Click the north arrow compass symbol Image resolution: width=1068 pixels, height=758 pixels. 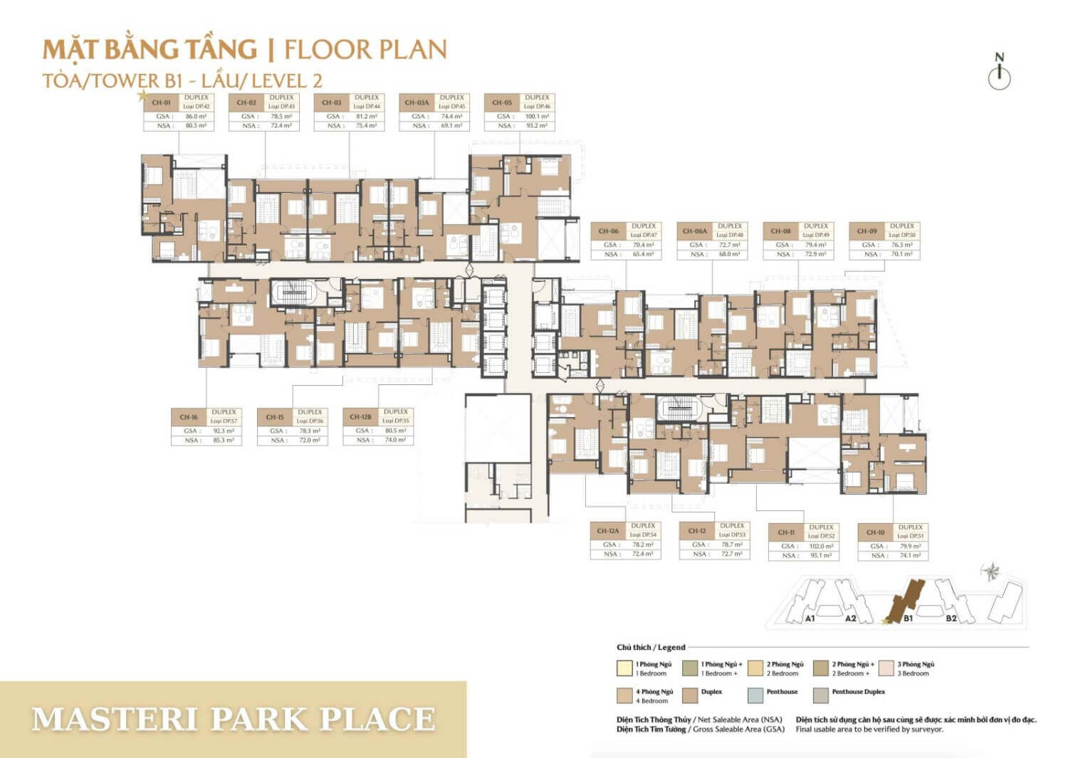(x=1000, y=73)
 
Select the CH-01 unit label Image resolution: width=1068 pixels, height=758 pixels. (x=161, y=102)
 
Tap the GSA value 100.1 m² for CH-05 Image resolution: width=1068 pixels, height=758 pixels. (x=537, y=116)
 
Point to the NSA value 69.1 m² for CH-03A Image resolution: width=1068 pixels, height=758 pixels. (x=451, y=126)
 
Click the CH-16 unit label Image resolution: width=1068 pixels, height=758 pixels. (x=189, y=417)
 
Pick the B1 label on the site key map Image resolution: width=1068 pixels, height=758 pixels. (x=908, y=618)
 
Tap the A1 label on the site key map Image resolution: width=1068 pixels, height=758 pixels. (x=810, y=618)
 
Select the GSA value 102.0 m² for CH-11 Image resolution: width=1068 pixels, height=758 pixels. (x=820, y=547)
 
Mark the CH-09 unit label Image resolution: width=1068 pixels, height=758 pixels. (x=867, y=231)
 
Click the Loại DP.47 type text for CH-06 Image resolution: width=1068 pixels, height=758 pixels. (x=643, y=235)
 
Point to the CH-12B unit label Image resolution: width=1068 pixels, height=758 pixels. (x=360, y=417)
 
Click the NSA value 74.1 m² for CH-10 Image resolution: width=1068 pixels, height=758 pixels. (x=909, y=556)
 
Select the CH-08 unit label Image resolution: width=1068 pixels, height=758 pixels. (x=780, y=231)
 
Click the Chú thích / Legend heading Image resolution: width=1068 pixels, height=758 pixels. (x=651, y=647)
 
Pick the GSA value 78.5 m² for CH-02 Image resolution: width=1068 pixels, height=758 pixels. (x=281, y=116)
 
